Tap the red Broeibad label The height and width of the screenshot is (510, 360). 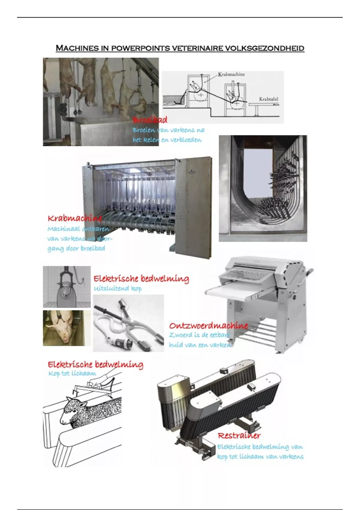(150, 120)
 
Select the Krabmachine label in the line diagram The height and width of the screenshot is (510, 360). (231, 74)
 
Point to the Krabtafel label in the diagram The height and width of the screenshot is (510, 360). (268, 99)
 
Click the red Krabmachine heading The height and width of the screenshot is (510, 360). (75, 218)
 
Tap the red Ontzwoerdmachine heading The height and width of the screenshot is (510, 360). (208, 325)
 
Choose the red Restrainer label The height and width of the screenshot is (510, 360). (239, 436)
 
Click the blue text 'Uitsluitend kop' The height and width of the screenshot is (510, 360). (118, 289)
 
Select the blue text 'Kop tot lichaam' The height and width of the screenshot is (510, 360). (72, 373)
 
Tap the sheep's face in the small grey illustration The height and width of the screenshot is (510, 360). (66, 292)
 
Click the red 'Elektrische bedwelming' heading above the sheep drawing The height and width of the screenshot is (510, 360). (95, 364)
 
